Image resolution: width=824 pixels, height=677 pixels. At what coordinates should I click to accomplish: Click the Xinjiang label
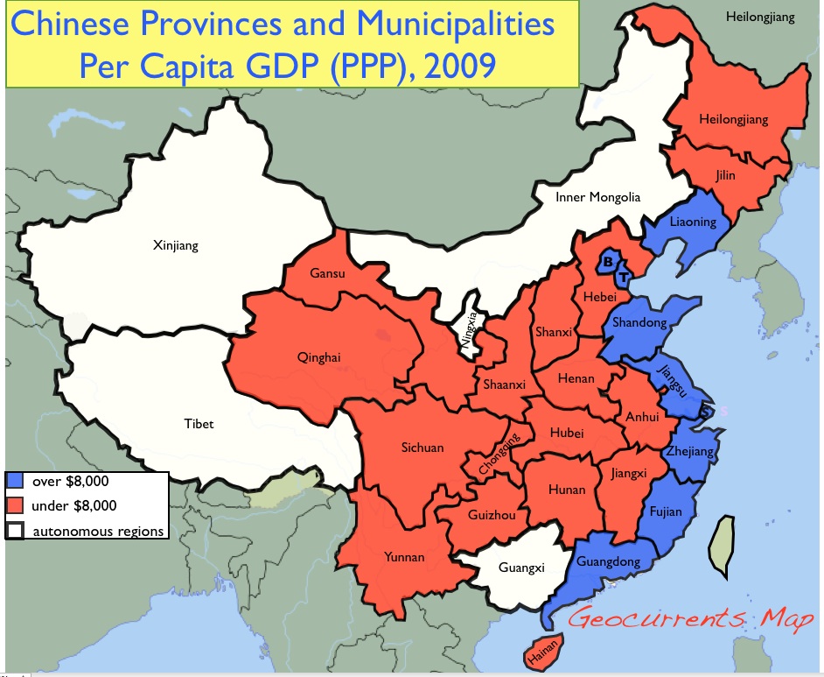click(x=176, y=245)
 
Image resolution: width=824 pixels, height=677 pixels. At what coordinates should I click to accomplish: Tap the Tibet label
click(x=199, y=424)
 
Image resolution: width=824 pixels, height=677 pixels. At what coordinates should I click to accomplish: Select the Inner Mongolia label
click(x=597, y=197)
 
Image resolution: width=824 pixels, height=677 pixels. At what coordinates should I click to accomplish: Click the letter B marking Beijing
click(x=608, y=261)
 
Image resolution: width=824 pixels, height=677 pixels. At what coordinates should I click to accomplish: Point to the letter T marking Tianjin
click(x=622, y=278)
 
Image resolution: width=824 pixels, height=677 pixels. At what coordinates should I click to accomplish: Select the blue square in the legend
click(x=15, y=481)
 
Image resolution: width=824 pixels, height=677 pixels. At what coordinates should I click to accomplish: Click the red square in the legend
click(x=15, y=505)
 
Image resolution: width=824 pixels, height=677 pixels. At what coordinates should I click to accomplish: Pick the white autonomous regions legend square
click(x=15, y=530)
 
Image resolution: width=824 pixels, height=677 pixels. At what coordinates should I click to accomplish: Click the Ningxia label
click(x=471, y=332)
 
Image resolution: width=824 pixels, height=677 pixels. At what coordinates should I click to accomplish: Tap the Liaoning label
click(x=693, y=222)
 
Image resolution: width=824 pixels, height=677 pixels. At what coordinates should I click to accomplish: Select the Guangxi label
click(x=521, y=568)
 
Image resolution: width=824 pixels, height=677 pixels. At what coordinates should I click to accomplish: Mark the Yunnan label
click(x=404, y=557)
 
